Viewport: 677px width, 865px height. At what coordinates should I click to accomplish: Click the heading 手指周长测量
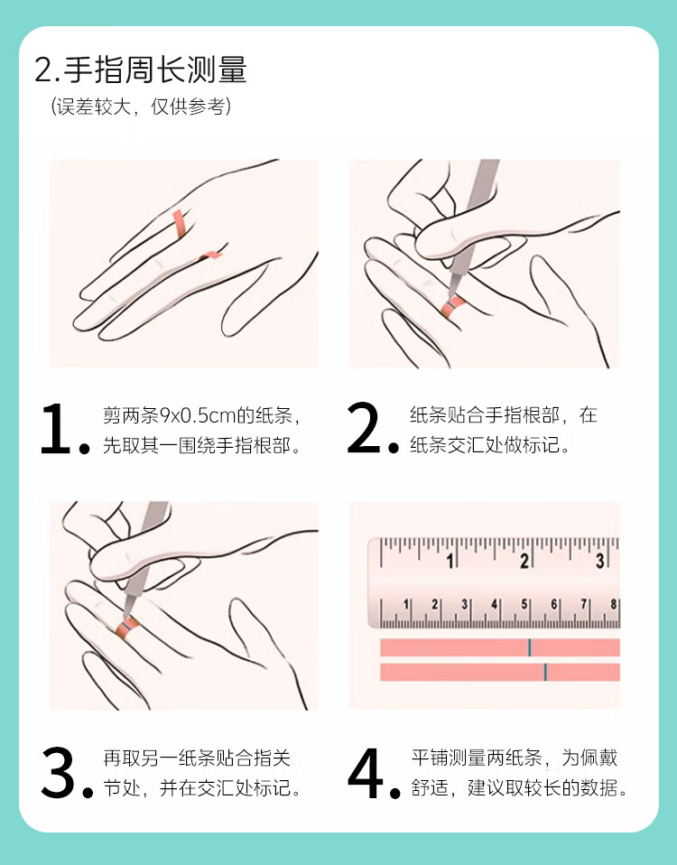[155, 70]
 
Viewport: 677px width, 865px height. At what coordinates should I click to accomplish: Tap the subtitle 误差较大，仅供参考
[141, 106]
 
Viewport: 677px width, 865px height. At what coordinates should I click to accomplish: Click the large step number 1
[56, 429]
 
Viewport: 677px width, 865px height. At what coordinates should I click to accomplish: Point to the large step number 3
[58, 772]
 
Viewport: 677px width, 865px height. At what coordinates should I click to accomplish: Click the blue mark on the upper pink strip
[529, 647]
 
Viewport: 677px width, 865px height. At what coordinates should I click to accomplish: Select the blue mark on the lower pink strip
[545, 672]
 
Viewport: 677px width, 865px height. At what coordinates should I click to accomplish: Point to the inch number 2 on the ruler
[524, 561]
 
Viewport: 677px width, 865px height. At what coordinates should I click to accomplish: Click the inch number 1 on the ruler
[450, 561]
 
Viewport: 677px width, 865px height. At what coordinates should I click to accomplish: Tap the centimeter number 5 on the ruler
[524, 605]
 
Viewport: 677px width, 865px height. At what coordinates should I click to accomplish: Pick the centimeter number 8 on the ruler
[613, 605]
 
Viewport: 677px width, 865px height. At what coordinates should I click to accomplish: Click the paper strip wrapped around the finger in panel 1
[180, 224]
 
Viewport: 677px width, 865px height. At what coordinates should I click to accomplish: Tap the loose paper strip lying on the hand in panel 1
[210, 255]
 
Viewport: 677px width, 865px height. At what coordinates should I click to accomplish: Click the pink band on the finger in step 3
[126, 628]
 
